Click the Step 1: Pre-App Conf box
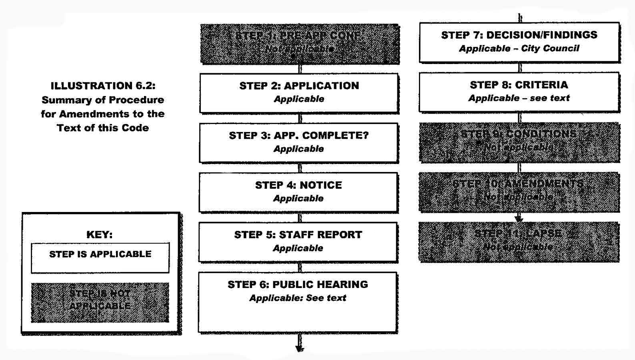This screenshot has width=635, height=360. point(300,44)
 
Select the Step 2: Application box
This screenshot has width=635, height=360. point(299,93)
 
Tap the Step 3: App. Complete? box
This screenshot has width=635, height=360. point(298,142)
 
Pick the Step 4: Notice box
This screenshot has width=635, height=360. point(298,192)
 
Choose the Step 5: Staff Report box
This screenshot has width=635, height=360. point(298,242)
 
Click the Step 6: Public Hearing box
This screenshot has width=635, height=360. point(298,302)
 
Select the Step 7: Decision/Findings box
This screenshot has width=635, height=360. point(519,42)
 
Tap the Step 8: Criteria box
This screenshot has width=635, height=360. point(519,92)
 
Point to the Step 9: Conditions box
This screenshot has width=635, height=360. point(519,142)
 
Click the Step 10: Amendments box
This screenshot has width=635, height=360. point(519,192)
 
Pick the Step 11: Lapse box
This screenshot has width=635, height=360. point(519,242)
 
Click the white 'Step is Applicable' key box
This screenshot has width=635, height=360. point(100,258)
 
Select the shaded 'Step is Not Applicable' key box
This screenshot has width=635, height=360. point(100,302)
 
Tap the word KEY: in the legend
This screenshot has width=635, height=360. point(100,234)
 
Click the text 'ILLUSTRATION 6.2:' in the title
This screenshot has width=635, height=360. point(103,86)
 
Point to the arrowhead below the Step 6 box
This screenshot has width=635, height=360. point(299,348)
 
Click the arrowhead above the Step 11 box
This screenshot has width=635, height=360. point(519,218)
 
